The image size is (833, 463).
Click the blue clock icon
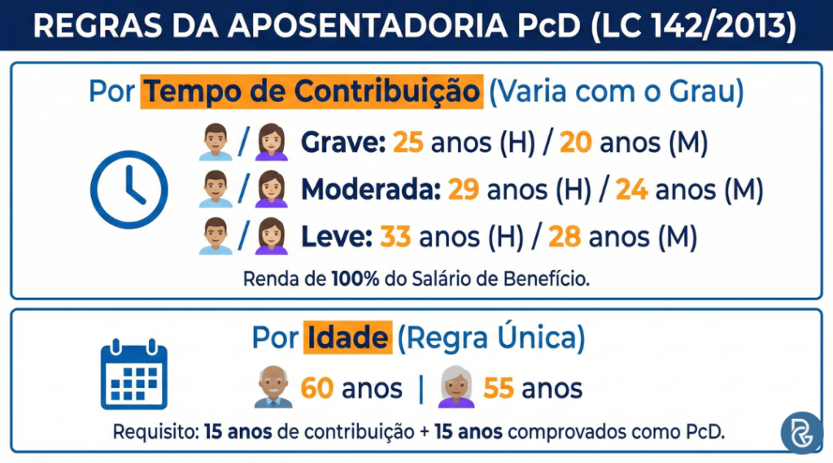tap(129, 190)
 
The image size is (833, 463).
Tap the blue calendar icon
tap(133, 376)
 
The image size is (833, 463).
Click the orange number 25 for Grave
tap(409, 144)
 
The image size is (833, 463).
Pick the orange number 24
tap(632, 190)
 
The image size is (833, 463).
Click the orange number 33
tap(396, 237)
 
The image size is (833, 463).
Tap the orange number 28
tap(564, 237)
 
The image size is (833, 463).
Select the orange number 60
tap(317, 389)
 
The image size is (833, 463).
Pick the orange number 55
tap(499, 389)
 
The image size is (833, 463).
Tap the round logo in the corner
tap(801, 431)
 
